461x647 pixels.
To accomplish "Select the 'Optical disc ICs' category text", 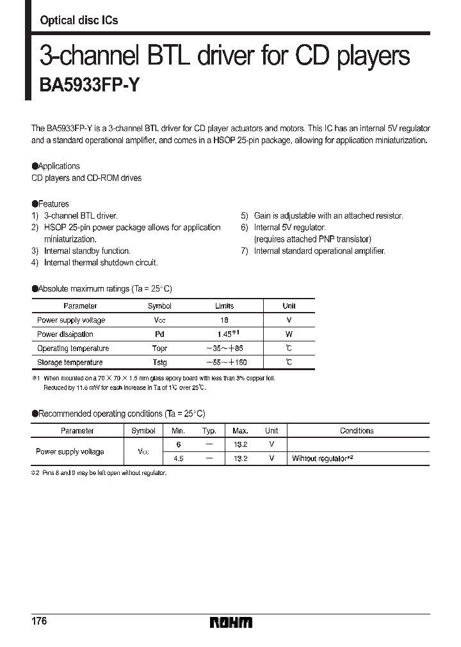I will click(79, 20).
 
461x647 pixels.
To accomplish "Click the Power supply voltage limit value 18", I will click(224, 320).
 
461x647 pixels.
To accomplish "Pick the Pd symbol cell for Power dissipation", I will click(159, 334).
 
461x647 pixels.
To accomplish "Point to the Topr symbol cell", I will click(159, 348).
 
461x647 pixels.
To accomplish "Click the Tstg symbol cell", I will click(159, 362).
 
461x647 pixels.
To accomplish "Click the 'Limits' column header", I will click(224, 306).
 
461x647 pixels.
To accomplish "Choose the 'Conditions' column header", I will click(357, 431).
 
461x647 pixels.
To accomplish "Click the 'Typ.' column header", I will click(209, 431).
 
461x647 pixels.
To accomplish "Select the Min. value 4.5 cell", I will click(178, 458).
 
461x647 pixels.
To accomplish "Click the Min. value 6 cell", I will click(178, 444).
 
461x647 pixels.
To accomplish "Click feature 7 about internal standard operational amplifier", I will click(319, 251).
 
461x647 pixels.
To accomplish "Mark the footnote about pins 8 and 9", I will click(99, 472).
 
